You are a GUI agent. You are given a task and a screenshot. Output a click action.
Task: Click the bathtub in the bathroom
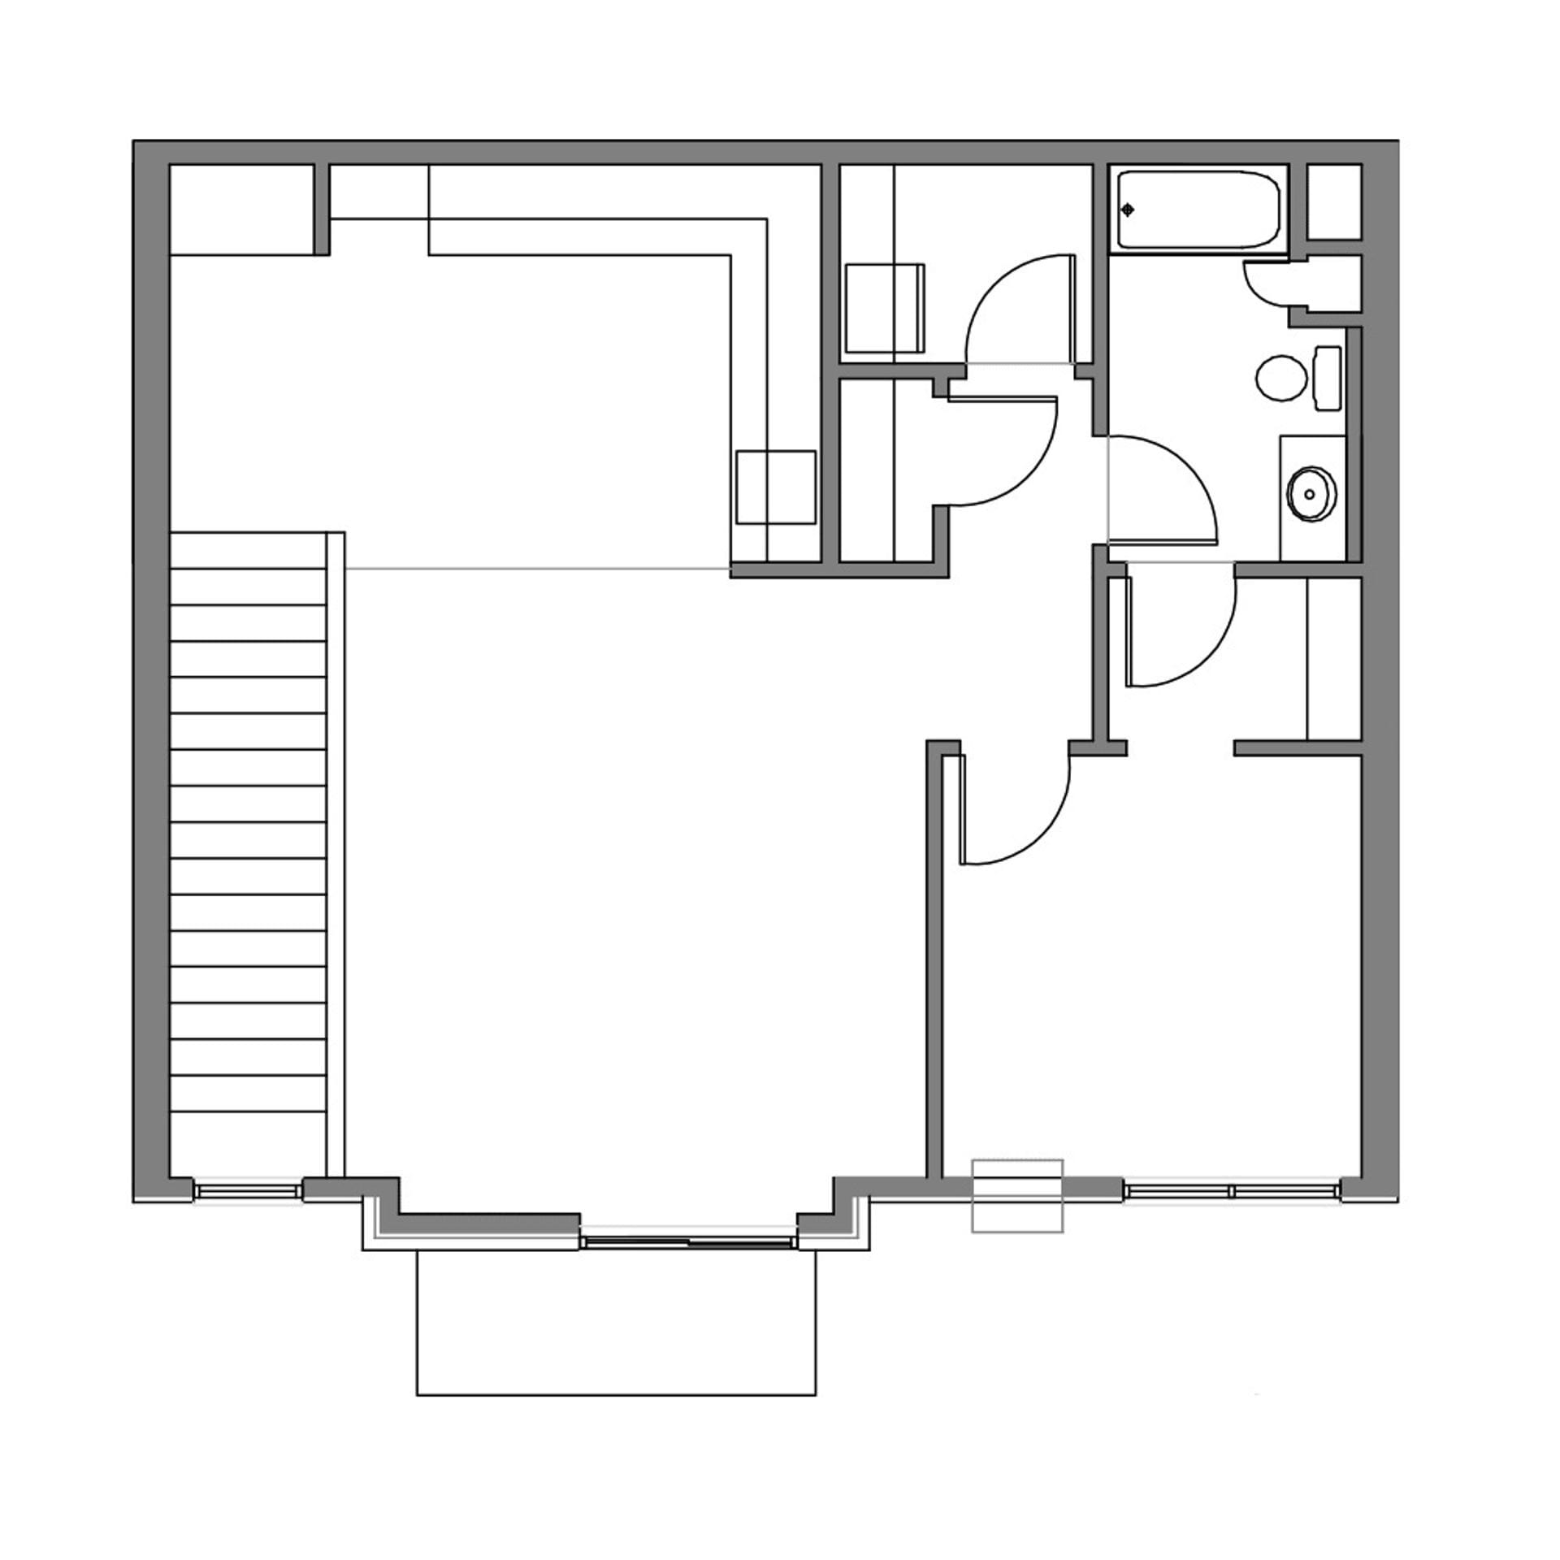pyautogui.click(x=1198, y=210)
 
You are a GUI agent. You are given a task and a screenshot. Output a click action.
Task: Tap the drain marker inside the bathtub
pyautogui.click(x=1128, y=210)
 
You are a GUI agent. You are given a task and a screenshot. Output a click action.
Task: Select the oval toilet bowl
pyautogui.click(x=1281, y=378)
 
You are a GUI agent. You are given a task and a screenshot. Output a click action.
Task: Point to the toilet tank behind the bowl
pyautogui.click(x=1328, y=378)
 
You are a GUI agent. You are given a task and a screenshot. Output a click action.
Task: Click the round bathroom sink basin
pyautogui.click(x=1311, y=493)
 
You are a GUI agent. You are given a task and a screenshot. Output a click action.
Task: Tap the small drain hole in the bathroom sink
pyautogui.click(x=1310, y=494)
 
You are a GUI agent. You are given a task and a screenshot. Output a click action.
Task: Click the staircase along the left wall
pyautogui.click(x=248, y=821)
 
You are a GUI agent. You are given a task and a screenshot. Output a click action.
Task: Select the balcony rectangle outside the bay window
pyautogui.click(x=616, y=1324)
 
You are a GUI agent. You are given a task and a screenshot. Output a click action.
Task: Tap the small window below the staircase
pyautogui.click(x=248, y=1190)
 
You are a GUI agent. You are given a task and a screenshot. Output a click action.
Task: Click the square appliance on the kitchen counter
pyautogui.click(x=776, y=487)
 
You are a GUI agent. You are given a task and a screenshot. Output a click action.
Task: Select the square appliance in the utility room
pyautogui.click(x=884, y=308)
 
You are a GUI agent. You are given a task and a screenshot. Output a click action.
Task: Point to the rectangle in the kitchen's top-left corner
pyautogui.click(x=241, y=210)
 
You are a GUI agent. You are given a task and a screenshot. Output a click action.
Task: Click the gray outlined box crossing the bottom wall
pyautogui.click(x=1017, y=1194)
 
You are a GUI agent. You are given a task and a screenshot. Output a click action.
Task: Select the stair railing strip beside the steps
pyautogui.click(x=336, y=853)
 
